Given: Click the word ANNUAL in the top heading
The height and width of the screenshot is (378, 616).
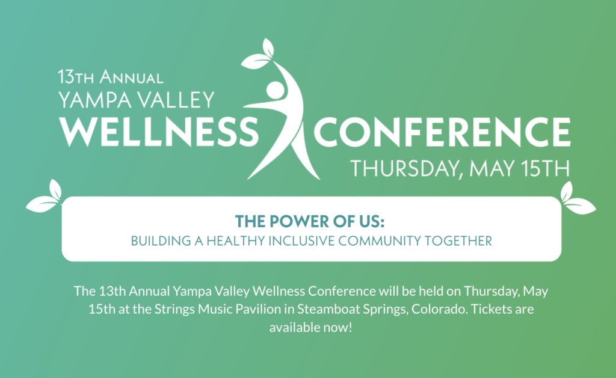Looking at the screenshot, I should click(131, 77).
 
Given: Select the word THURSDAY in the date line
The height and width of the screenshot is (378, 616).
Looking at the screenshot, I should click(405, 168).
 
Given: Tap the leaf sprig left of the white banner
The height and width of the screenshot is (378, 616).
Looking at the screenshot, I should click(45, 198).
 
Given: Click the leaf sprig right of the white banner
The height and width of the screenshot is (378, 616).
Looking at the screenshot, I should click(576, 199).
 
